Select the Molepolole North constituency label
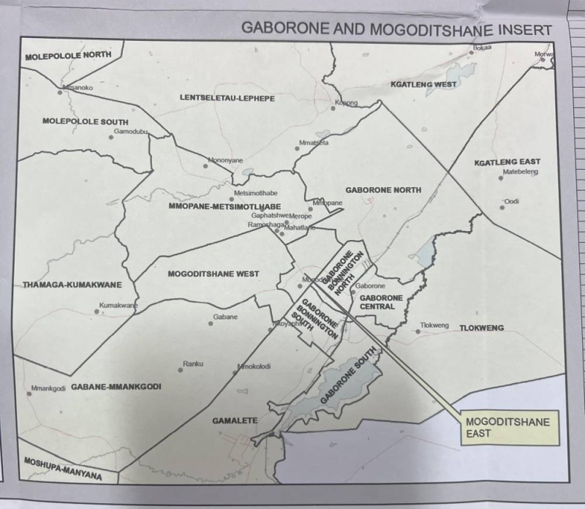[x=68, y=56]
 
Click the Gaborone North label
[x=383, y=190]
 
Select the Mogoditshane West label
[x=214, y=274]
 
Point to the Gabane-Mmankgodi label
[x=116, y=385]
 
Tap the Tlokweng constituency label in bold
[x=481, y=328]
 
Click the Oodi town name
[x=511, y=201]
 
